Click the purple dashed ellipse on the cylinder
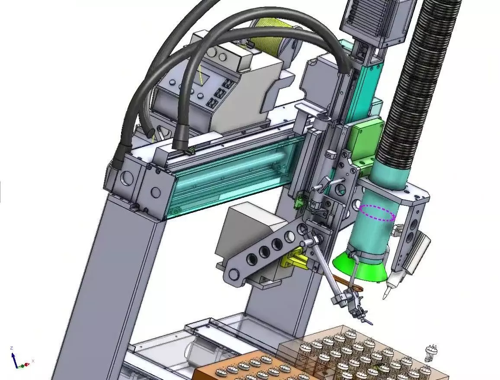click(378, 213)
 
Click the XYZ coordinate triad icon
click(18, 360)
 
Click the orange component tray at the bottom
click(242, 368)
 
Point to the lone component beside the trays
click(430, 353)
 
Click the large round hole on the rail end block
click(127, 177)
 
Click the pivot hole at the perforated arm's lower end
click(234, 274)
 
